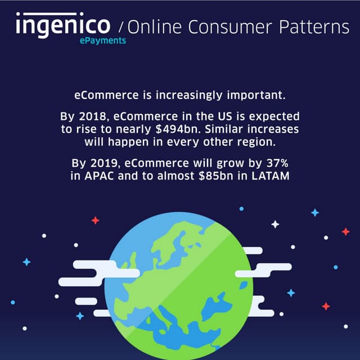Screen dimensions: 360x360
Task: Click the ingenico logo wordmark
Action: [x=64, y=25]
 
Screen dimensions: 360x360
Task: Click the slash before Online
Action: [x=123, y=27]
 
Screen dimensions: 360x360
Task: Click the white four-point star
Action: [x=275, y=224]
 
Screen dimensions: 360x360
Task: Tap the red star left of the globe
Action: [x=95, y=220]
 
